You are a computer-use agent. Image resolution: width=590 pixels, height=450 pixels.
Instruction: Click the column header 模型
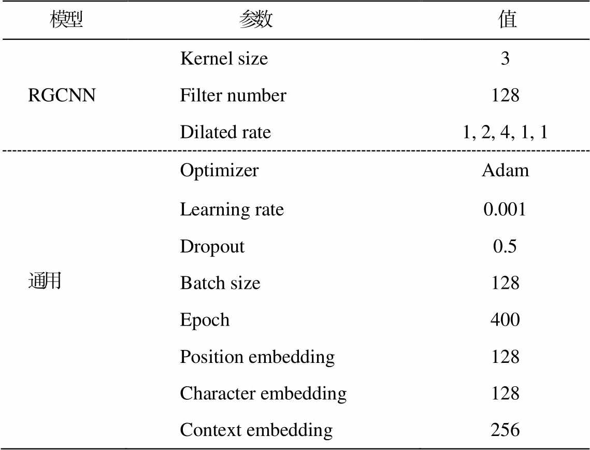[x=66, y=19]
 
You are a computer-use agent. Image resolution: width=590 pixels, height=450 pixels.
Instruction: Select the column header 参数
[x=256, y=19]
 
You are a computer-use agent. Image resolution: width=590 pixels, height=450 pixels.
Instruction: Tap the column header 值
[x=508, y=19]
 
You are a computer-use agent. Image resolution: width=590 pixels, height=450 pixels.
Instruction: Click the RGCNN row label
[x=62, y=95]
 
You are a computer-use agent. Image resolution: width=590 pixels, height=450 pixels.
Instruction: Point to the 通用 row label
[x=45, y=281]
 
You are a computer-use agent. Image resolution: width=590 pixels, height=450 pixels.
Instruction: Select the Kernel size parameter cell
[x=224, y=59]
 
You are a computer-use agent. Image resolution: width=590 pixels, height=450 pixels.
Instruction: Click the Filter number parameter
[x=233, y=95]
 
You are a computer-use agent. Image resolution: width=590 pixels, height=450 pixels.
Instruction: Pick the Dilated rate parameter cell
[x=225, y=132]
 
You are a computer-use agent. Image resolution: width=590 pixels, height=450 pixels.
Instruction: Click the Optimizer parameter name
[x=219, y=171]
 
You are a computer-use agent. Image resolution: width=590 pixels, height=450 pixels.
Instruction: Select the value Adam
[x=506, y=170]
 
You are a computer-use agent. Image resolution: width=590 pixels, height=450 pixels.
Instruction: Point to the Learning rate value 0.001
[x=505, y=209]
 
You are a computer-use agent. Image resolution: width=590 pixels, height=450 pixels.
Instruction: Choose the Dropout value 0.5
[x=505, y=246]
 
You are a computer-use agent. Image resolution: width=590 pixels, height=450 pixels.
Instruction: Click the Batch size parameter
[x=220, y=283]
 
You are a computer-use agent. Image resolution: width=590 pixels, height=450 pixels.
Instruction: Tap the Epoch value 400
[x=505, y=320]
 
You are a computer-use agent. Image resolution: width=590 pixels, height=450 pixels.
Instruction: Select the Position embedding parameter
[x=257, y=357]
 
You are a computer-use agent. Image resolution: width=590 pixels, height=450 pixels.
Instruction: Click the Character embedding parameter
[x=263, y=394]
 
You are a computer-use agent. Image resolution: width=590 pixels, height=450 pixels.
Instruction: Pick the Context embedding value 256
[x=505, y=430]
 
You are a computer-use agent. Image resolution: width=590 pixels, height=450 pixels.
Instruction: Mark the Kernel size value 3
[x=505, y=59]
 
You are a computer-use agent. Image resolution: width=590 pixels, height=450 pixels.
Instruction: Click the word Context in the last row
[x=211, y=430]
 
